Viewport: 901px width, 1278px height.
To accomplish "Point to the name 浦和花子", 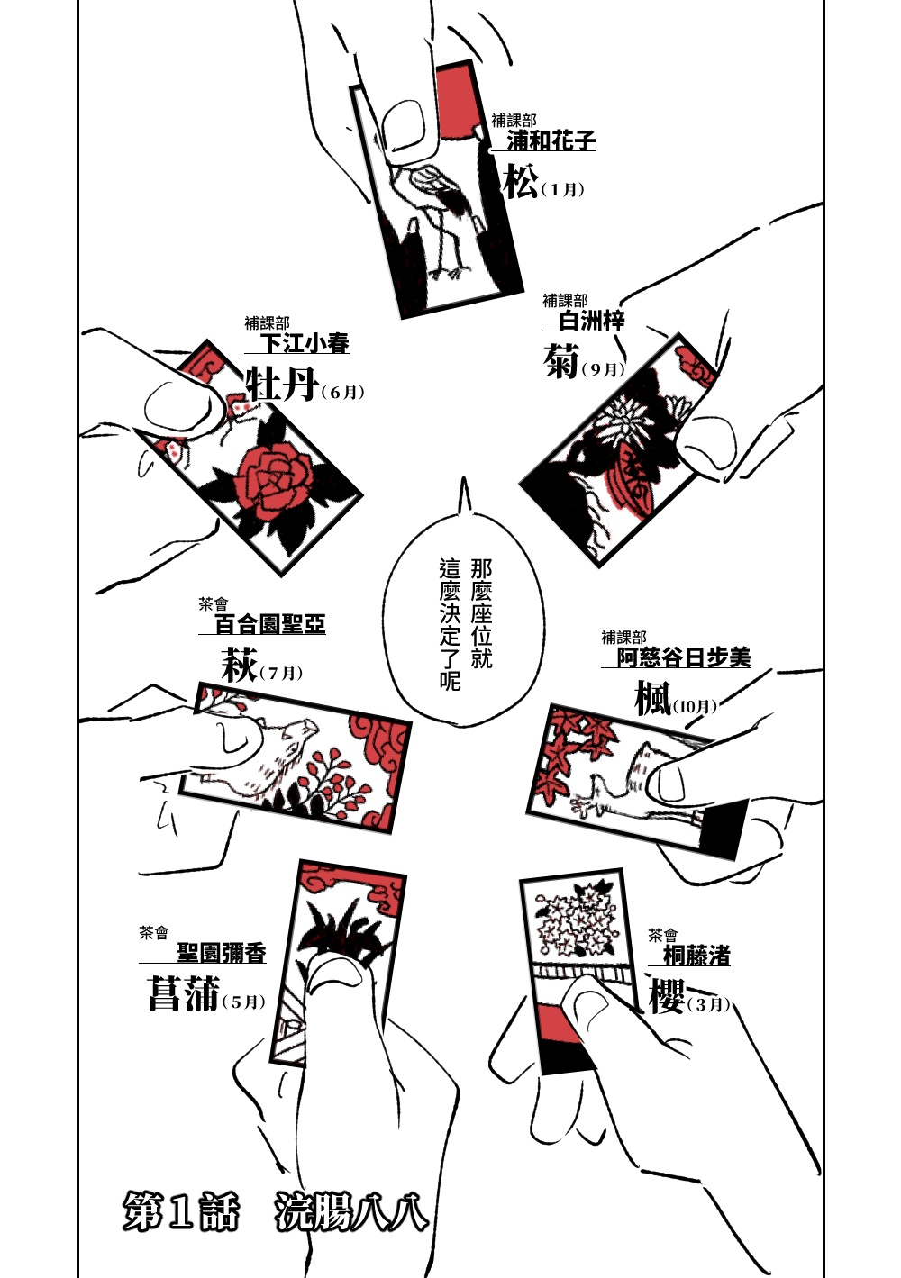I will click(551, 140).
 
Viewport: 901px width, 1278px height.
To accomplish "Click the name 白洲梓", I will click(591, 321).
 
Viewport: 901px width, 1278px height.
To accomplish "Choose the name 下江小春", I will click(305, 343).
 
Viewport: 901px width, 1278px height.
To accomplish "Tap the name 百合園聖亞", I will click(269, 624).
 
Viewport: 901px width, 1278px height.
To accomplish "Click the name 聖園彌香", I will click(221, 953).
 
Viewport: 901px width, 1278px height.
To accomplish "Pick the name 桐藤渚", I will click(696, 956).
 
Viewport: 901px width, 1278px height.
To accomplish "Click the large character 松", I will click(521, 183).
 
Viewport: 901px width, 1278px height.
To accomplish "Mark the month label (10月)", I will click(695, 706).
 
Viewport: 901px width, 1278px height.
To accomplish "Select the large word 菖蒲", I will click(184, 994).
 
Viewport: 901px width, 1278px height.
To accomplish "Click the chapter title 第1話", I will click(180, 1212).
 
